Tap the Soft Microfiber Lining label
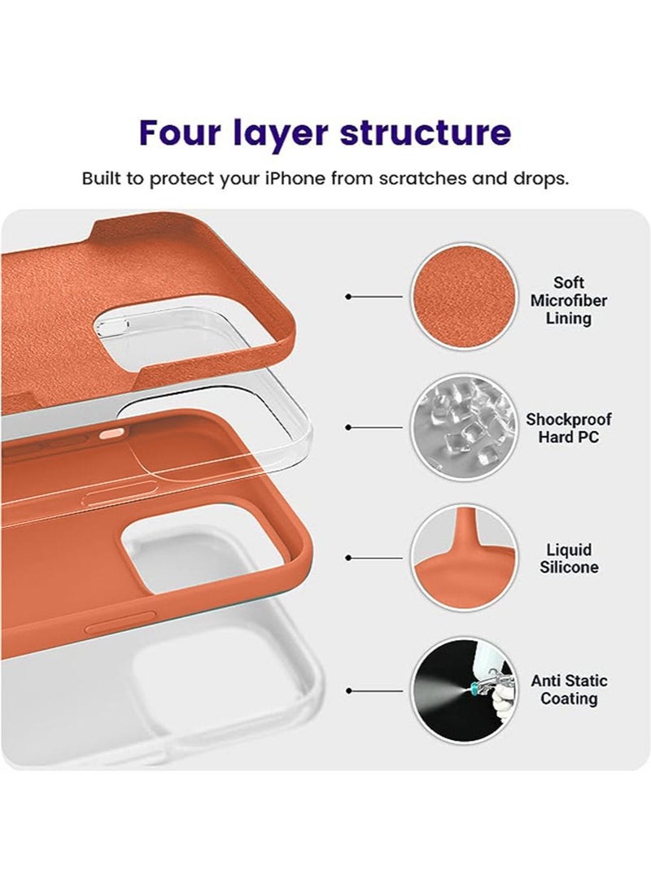point(569,301)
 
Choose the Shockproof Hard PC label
point(569,429)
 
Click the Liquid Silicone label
point(569,559)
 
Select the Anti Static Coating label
point(569,690)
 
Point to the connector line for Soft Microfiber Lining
point(375,297)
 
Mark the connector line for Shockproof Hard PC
point(375,427)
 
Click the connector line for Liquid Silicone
point(375,559)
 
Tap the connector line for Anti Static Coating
point(375,690)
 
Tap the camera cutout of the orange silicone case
point(179,549)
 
